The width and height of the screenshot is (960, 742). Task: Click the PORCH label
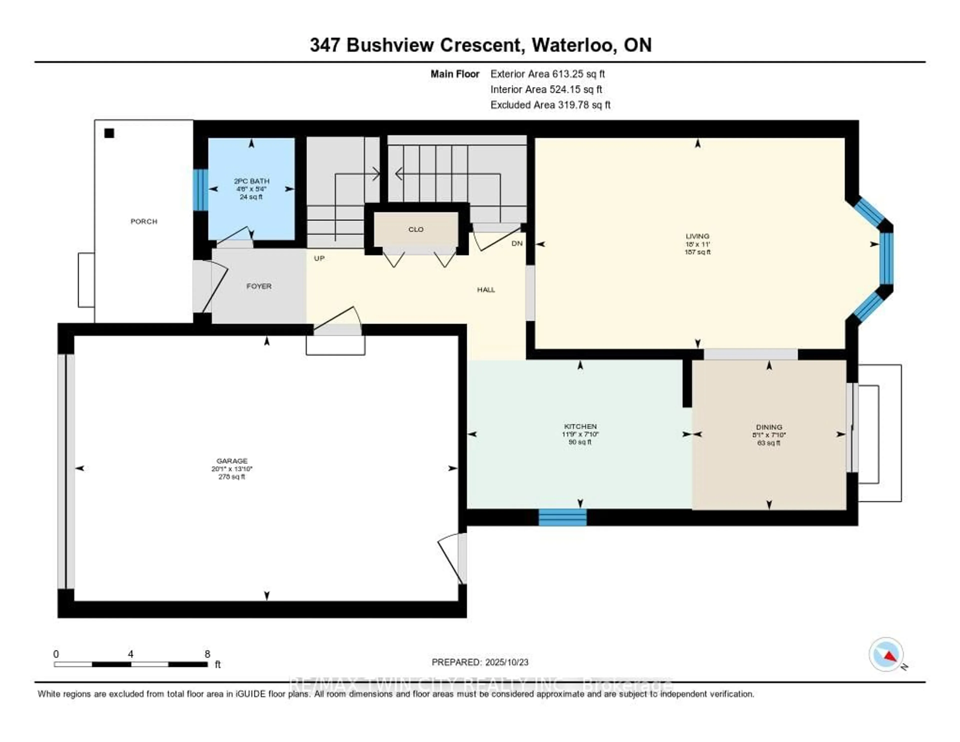(x=144, y=221)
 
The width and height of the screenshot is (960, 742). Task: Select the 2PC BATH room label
(x=251, y=181)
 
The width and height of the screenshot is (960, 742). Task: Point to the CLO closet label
(x=416, y=229)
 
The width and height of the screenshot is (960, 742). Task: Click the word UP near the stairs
(x=319, y=258)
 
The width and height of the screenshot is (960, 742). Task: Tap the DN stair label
(x=517, y=243)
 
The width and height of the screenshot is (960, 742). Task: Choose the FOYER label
(x=259, y=286)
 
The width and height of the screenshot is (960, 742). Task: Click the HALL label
(x=486, y=289)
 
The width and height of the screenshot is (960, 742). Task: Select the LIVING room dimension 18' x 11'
(x=697, y=244)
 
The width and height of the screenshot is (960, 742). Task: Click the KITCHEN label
(x=580, y=426)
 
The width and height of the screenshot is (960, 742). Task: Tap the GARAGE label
(x=232, y=461)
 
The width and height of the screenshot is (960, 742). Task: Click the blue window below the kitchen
(x=563, y=517)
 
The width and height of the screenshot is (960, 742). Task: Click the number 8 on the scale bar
(x=207, y=654)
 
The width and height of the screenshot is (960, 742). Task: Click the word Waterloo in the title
(x=574, y=45)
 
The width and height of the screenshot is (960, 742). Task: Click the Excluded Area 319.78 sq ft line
(x=550, y=105)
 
